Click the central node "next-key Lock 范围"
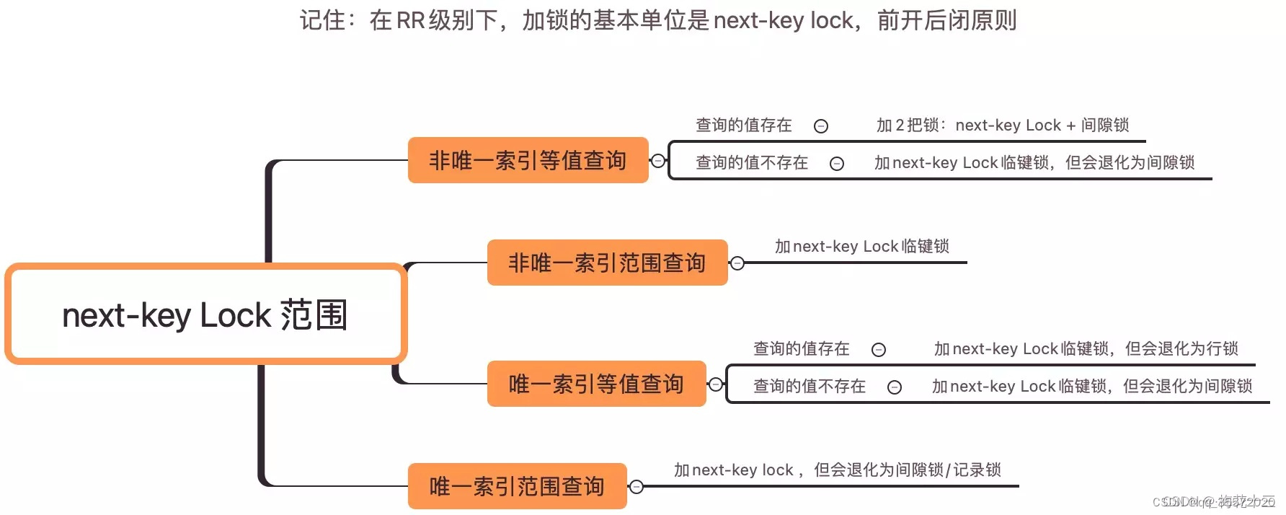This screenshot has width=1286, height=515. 205,314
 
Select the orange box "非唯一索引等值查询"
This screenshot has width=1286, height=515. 528,160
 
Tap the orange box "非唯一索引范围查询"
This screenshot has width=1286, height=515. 607,263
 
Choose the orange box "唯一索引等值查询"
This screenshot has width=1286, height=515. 596,384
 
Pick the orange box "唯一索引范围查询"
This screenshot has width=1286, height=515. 517,486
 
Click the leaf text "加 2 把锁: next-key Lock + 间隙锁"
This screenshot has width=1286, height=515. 1002,126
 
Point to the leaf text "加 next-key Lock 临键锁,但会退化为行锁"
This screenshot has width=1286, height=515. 1086,349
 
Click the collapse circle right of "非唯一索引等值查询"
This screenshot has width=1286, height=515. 657,161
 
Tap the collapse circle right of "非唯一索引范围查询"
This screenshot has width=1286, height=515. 737,263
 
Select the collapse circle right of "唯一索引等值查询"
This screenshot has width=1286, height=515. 715,384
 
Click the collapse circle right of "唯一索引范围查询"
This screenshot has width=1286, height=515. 636,487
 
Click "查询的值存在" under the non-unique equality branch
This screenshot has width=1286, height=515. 743,126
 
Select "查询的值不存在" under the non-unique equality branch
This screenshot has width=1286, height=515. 751,163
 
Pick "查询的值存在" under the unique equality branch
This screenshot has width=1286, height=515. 801,349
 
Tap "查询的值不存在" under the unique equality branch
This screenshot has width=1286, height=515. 809,387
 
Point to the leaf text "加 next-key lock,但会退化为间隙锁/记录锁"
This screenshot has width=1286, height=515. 837,470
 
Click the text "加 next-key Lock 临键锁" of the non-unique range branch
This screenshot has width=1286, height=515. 861,247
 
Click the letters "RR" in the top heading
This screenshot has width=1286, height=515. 410,20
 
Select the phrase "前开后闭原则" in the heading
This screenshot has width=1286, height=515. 946,20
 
